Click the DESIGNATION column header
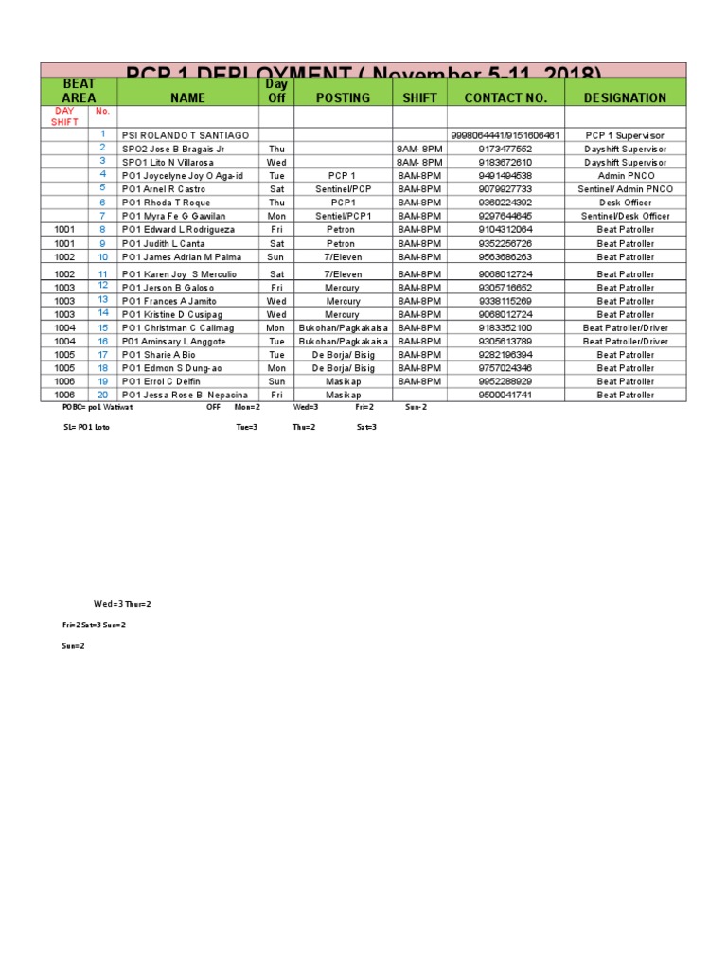pyautogui.click(x=625, y=97)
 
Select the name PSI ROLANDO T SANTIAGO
pyautogui.click(x=186, y=135)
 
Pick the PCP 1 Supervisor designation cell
pyautogui.click(x=625, y=135)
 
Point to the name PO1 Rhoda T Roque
pyautogui.click(x=166, y=203)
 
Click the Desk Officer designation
pyautogui.click(x=625, y=203)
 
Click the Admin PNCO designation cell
pyautogui.click(x=625, y=176)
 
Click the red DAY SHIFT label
pyautogui.click(x=64, y=116)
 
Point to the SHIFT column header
pyautogui.click(x=420, y=97)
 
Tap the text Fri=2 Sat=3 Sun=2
pyautogui.click(x=94, y=625)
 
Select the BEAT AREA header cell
pyautogui.click(x=79, y=91)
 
